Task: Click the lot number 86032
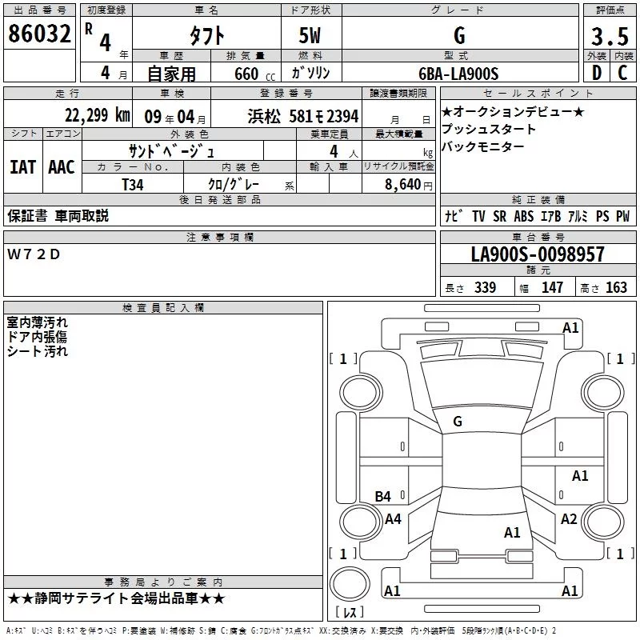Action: [x=39, y=34]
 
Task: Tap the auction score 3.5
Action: [x=610, y=36]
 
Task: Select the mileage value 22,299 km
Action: [x=98, y=115]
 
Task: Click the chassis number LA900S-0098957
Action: [x=538, y=254]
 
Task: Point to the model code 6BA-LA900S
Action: [x=458, y=74]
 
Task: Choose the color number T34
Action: [x=133, y=185]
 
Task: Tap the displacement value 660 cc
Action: [x=254, y=74]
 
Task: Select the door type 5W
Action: [x=310, y=35]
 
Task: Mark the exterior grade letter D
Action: [x=597, y=73]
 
